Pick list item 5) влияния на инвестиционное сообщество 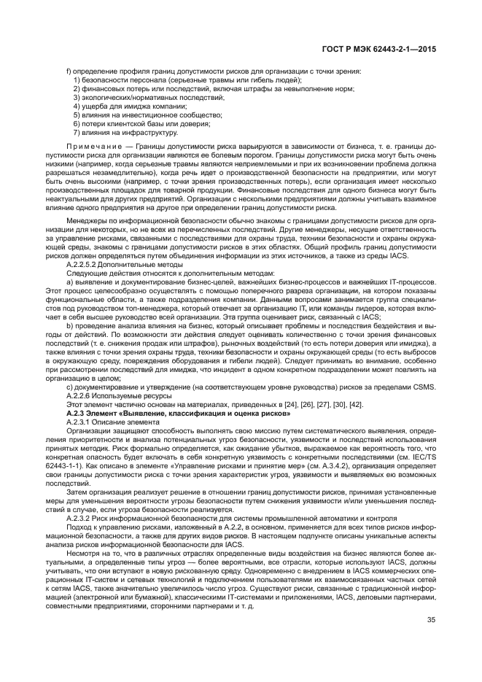tap(145, 115)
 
